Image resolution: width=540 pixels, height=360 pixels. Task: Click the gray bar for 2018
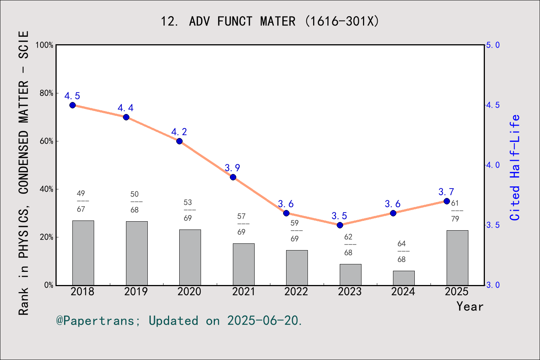[x=83, y=253]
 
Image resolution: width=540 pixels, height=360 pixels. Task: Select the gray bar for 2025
[x=457, y=258]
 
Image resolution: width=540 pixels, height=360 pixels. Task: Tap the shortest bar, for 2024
[x=403, y=278]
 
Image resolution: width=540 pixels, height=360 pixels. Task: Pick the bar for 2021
[x=243, y=264]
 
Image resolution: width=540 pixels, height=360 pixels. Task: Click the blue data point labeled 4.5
[x=73, y=105]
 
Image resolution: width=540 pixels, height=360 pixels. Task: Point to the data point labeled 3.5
[x=340, y=225]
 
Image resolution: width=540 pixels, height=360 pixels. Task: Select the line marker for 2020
[x=180, y=141]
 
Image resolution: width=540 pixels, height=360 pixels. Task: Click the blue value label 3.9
[x=232, y=168]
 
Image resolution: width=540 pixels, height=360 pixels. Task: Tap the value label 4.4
[x=126, y=108]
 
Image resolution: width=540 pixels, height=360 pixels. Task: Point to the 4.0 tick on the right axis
[x=493, y=165]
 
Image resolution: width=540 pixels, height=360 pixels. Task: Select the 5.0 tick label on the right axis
[x=493, y=45]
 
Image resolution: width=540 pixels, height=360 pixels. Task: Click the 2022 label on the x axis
[x=296, y=291]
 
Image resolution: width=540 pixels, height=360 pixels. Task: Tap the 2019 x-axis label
[x=136, y=291]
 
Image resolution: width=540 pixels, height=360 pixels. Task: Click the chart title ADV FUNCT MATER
[x=270, y=21]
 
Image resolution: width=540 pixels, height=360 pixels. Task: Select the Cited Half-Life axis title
[x=515, y=168]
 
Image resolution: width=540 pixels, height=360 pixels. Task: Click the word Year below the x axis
[x=470, y=306]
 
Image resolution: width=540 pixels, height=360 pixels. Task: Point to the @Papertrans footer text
[x=179, y=321]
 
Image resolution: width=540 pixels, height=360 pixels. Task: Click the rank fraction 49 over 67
[x=81, y=201]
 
